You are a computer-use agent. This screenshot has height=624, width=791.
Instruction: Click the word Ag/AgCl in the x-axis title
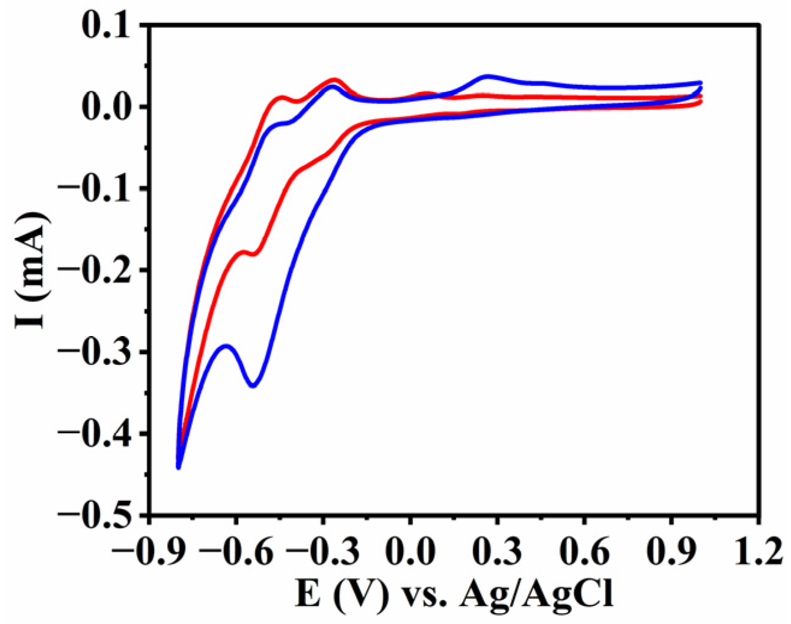pyautogui.click(x=536, y=596)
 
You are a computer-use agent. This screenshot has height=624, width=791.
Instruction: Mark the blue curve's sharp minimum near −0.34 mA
pyautogui.click(x=253, y=386)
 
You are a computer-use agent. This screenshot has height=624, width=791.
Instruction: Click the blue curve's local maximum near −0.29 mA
pyautogui.click(x=226, y=346)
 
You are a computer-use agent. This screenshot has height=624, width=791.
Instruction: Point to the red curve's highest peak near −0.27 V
pyautogui.click(x=334, y=79)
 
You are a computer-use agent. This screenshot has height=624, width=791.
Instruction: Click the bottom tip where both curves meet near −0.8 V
pyautogui.click(x=179, y=467)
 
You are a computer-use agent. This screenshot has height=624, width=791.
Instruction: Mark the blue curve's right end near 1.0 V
pyautogui.click(x=701, y=83)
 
